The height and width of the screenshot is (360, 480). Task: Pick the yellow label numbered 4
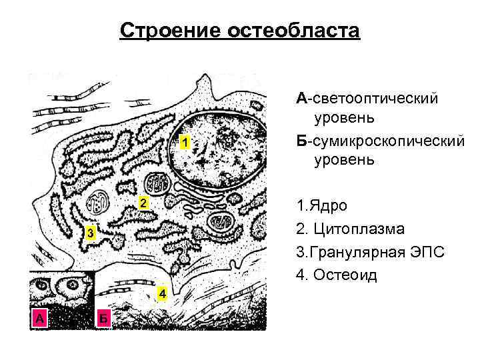point(162,294)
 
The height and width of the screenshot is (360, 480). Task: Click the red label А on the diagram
point(40,319)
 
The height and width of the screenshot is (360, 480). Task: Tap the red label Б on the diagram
point(103,319)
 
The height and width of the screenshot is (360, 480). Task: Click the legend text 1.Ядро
point(325,205)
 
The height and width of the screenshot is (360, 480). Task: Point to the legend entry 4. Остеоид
point(337,275)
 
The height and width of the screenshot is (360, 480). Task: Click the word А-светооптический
point(367,99)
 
